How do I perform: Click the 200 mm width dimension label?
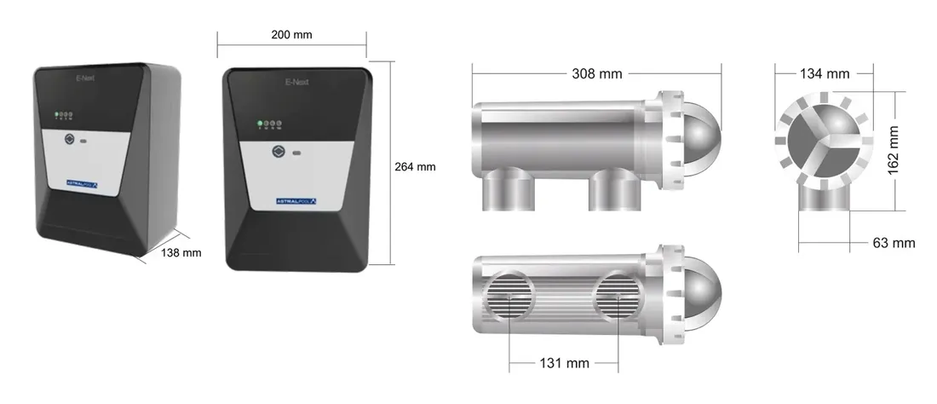[291, 35]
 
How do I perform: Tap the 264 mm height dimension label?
[415, 167]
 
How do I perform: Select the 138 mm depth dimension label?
[181, 252]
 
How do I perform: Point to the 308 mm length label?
[596, 74]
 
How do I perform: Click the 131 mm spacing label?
[564, 363]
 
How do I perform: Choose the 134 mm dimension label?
[824, 74]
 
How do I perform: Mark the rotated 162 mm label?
[893, 151]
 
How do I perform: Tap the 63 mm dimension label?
[894, 243]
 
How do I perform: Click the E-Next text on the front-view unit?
[296, 84]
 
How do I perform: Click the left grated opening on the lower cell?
[509, 297]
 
